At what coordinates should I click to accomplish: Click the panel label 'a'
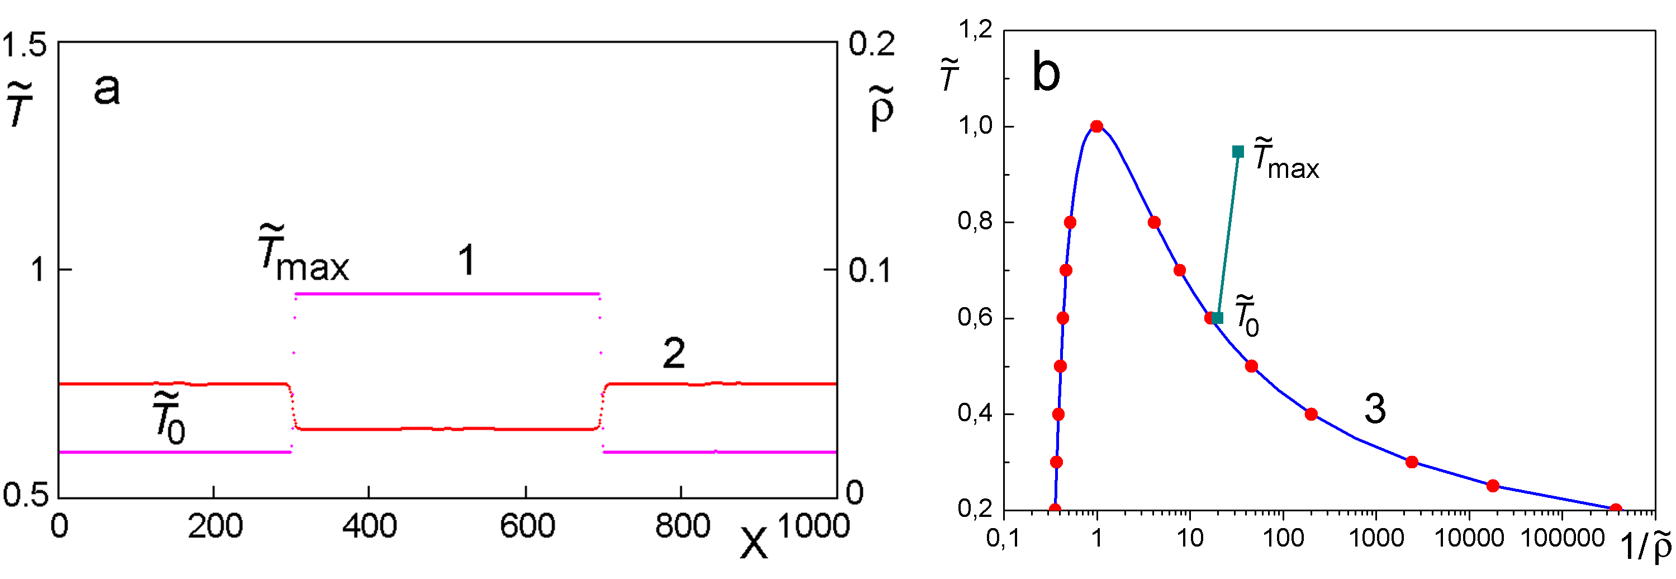(x=107, y=89)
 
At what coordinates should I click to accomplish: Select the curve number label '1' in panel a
(x=467, y=261)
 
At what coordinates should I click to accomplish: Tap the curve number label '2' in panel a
(x=673, y=354)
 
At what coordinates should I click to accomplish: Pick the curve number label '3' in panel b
(x=1374, y=409)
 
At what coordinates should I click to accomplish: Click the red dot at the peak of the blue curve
(x=1097, y=126)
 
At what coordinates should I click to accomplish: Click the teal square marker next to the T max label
(x=1238, y=152)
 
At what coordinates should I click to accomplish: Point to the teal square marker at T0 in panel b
(x=1218, y=318)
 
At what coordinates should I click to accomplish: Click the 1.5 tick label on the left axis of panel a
(x=24, y=45)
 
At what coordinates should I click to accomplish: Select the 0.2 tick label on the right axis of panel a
(x=871, y=44)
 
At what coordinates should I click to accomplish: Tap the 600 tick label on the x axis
(x=527, y=526)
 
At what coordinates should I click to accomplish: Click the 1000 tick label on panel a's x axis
(x=813, y=526)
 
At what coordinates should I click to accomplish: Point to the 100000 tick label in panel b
(x=1563, y=538)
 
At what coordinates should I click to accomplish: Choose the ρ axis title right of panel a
(x=882, y=109)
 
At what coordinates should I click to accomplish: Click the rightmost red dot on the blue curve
(x=1616, y=509)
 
